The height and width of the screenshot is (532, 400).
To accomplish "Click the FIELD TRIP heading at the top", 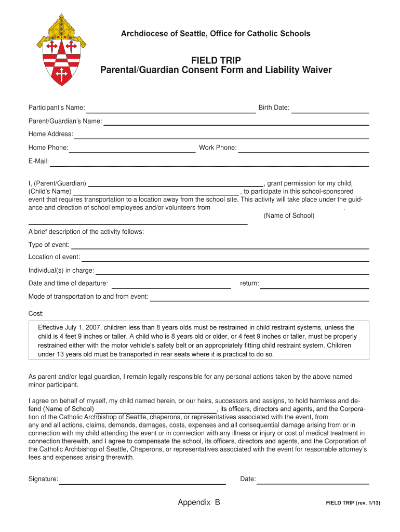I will pyautogui.click(x=216, y=60).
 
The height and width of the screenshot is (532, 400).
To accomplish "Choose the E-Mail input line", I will pyautogui.click(x=209, y=163).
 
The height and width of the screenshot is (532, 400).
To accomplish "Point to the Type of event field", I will pyautogui.click(x=220, y=246).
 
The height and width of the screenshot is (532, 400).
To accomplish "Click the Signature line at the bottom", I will pyautogui.click(x=142, y=481).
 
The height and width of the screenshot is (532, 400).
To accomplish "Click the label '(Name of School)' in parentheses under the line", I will pyautogui.click(x=289, y=216).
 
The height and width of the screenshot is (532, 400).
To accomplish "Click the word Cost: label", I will pyautogui.click(x=36, y=314).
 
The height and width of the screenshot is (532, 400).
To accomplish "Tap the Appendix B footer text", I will pyautogui.click(x=199, y=502).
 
